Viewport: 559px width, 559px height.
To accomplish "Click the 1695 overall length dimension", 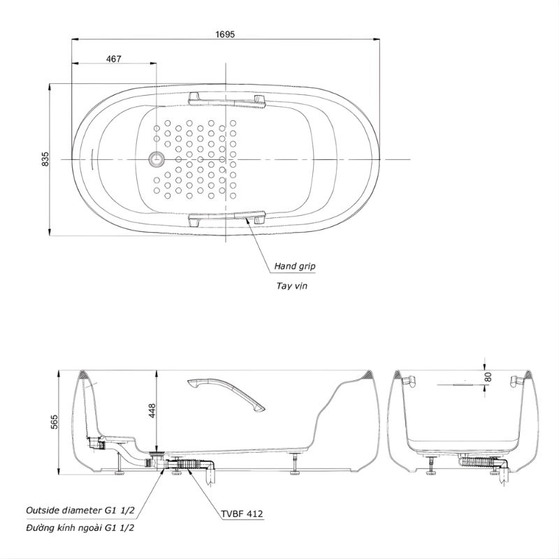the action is coord(225,34).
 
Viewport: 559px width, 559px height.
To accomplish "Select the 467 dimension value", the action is coord(114,59).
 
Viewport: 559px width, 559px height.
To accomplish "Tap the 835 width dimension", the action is coord(45,159).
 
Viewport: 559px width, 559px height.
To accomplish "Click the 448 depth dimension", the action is coord(152,411).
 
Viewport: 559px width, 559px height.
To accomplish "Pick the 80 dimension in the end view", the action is coord(488,377).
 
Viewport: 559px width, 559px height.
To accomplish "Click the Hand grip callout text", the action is coord(295,266).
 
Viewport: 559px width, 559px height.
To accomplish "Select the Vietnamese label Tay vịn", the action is coord(291,286).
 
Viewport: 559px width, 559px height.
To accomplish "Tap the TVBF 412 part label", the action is coord(242,514).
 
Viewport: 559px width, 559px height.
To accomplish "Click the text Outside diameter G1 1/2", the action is coord(80,510).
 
